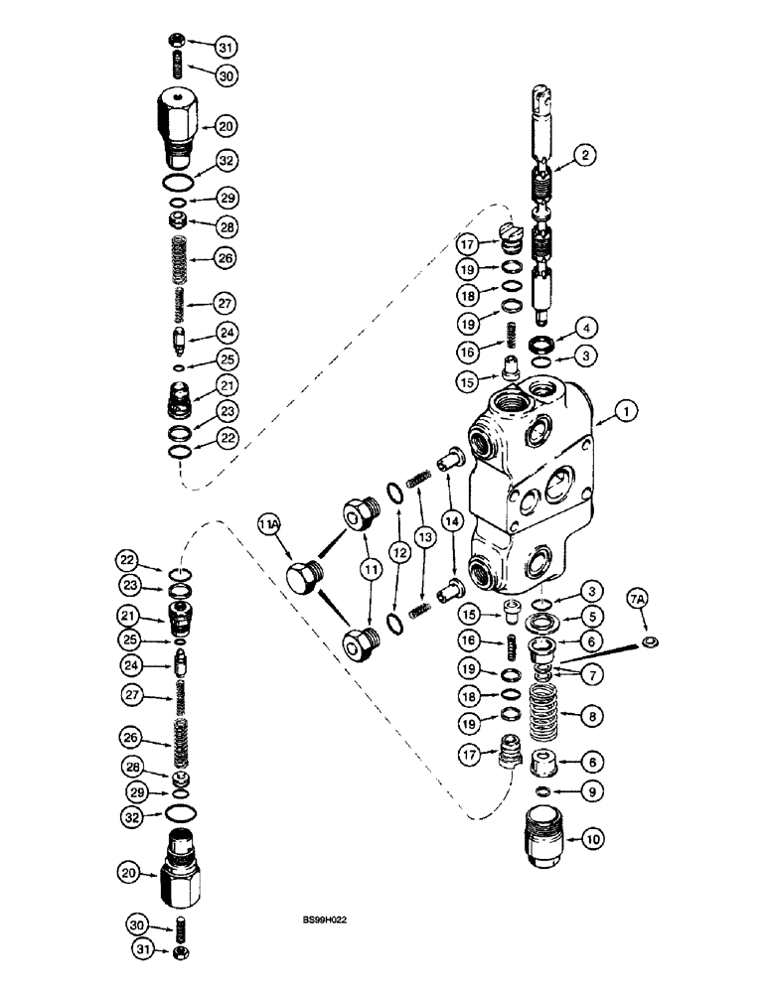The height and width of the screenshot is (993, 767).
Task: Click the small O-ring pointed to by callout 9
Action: click(542, 791)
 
